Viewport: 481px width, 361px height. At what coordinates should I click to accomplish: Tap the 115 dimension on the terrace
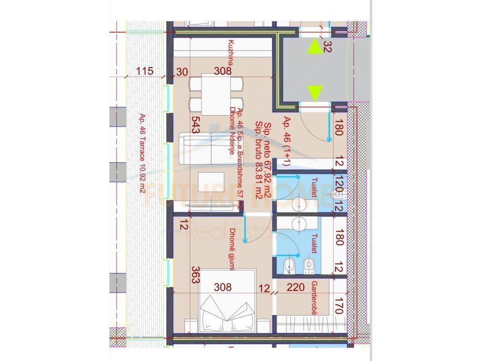[145, 71]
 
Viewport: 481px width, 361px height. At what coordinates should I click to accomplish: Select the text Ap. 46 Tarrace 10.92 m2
[142, 154]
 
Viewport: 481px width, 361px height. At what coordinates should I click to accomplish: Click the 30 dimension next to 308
[182, 71]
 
